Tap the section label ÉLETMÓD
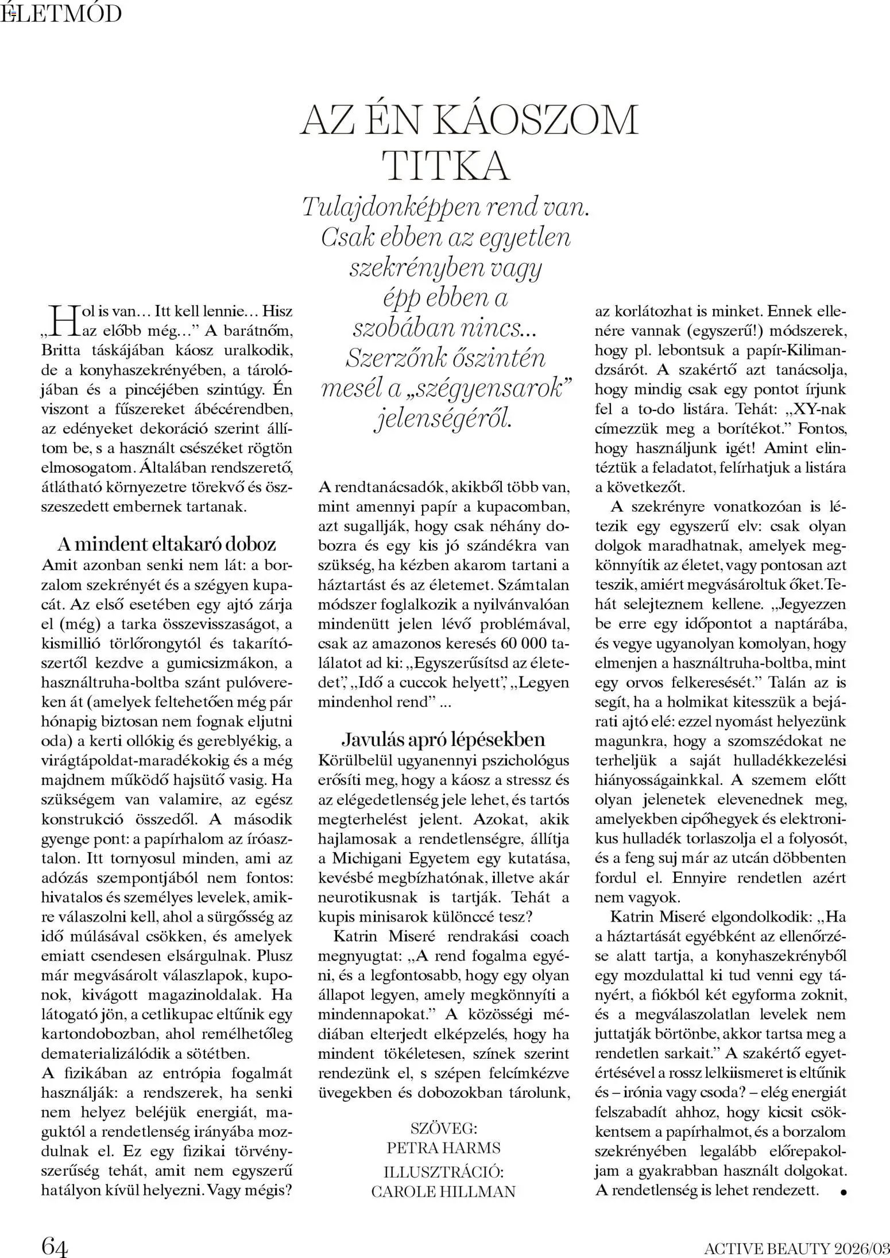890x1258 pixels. click(x=61, y=13)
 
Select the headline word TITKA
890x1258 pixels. click(x=446, y=166)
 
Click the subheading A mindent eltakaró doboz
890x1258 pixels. click(x=167, y=544)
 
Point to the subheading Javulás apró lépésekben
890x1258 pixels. click(x=443, y=739)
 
